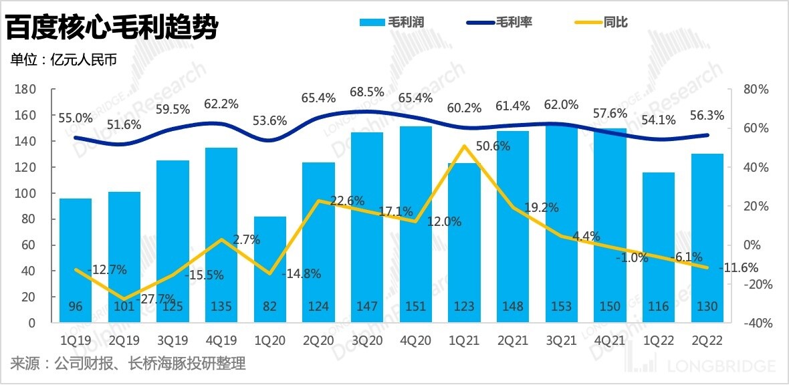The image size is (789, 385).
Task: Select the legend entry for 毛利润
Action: coord(392,23)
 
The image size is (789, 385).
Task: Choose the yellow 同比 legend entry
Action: coord(602,23)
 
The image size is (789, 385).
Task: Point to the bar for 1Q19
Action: coord(76,261)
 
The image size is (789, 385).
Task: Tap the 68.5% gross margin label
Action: coord(367,91)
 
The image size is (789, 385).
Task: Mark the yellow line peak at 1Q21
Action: coord(464,146)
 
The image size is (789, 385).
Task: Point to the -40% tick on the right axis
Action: coord(758,323)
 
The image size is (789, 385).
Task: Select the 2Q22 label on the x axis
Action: coord(707,340)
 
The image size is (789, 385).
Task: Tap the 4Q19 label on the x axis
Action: coord(221,340)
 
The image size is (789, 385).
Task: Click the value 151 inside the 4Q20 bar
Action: coord(415,307)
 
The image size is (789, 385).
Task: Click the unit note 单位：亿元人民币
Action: coord(64,59)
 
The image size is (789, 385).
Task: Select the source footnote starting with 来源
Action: coord(128,364)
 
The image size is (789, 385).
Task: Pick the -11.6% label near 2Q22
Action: coord(740,268)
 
